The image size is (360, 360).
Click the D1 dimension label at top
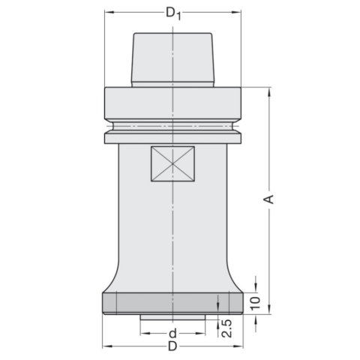pyautogui.click(x=173, y=13)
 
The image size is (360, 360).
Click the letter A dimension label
pyautogui.click(x=269, y=199)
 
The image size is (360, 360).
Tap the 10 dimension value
pyautogui.click(x=256, y=303)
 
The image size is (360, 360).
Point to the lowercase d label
pyautogui.click(x=172, y=333)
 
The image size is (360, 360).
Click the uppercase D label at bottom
pyautogui.click(x=172, y=346)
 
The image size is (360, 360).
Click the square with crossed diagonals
pyautogui.click(x=172, y=163)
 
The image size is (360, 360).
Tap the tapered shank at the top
pyautogui.click(x=172, y=60)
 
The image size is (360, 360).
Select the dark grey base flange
pyautogui.click(x=172, y=303)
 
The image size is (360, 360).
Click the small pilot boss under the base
pyautogui.click(x=172, y=317)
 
